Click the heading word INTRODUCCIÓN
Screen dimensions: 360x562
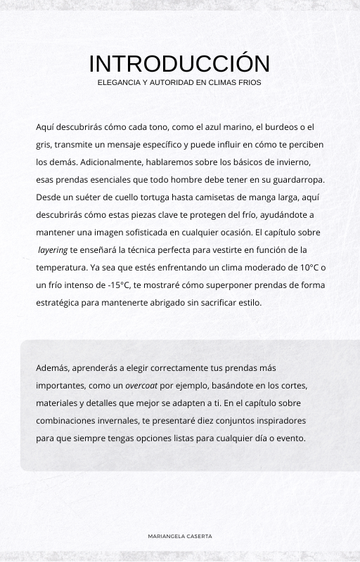[x=179, y=64]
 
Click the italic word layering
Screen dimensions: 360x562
[x=53, y=250]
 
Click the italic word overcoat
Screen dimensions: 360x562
[x=142, y=386]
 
